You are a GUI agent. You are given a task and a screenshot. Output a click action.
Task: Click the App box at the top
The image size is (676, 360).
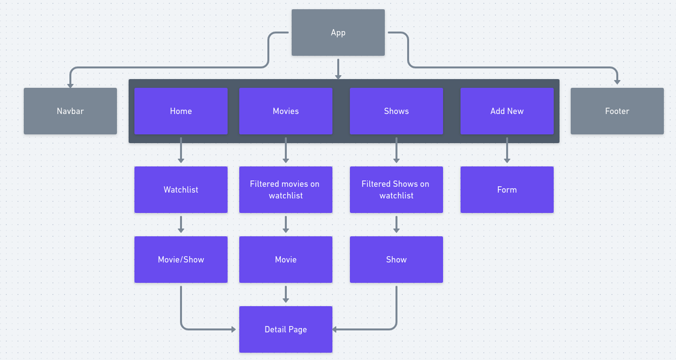(338, 33)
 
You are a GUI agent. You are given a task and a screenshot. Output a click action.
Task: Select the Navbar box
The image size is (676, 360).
(70, 111)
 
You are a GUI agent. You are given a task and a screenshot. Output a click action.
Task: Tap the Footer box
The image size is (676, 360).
(617, 111)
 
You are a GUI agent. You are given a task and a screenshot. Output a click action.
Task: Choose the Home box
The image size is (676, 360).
(181, 111)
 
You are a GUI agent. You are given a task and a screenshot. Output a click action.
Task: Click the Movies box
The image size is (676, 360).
(286, 111)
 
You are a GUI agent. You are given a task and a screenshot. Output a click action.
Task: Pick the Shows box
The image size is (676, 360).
(396, 111)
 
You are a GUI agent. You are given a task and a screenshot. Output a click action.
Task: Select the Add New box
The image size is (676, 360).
(507, 111)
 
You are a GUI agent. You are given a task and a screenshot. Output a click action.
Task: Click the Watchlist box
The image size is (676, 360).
(181, 190)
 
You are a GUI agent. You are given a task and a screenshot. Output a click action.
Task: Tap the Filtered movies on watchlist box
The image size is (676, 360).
(286, 190)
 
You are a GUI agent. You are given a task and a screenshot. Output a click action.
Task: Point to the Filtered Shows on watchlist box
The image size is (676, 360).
(396, 190)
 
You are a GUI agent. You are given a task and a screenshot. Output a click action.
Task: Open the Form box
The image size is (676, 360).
(507, 190)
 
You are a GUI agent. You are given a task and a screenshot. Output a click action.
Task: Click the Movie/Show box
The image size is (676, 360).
(181, 260)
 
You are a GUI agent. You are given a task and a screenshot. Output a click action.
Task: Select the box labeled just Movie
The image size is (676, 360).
(286, 260)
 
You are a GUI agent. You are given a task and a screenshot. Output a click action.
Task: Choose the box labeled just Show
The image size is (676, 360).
(396, 260)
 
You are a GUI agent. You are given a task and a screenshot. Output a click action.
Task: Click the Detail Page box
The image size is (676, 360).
(286, 329)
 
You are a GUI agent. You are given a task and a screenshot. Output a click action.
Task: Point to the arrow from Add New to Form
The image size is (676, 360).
(507, 150)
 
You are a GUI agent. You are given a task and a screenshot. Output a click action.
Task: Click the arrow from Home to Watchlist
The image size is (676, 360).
(181, 150)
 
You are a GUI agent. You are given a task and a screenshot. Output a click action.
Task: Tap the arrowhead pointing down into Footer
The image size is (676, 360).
(617, 82)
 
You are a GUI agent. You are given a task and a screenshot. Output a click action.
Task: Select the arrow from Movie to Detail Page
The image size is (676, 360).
(286, 294)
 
